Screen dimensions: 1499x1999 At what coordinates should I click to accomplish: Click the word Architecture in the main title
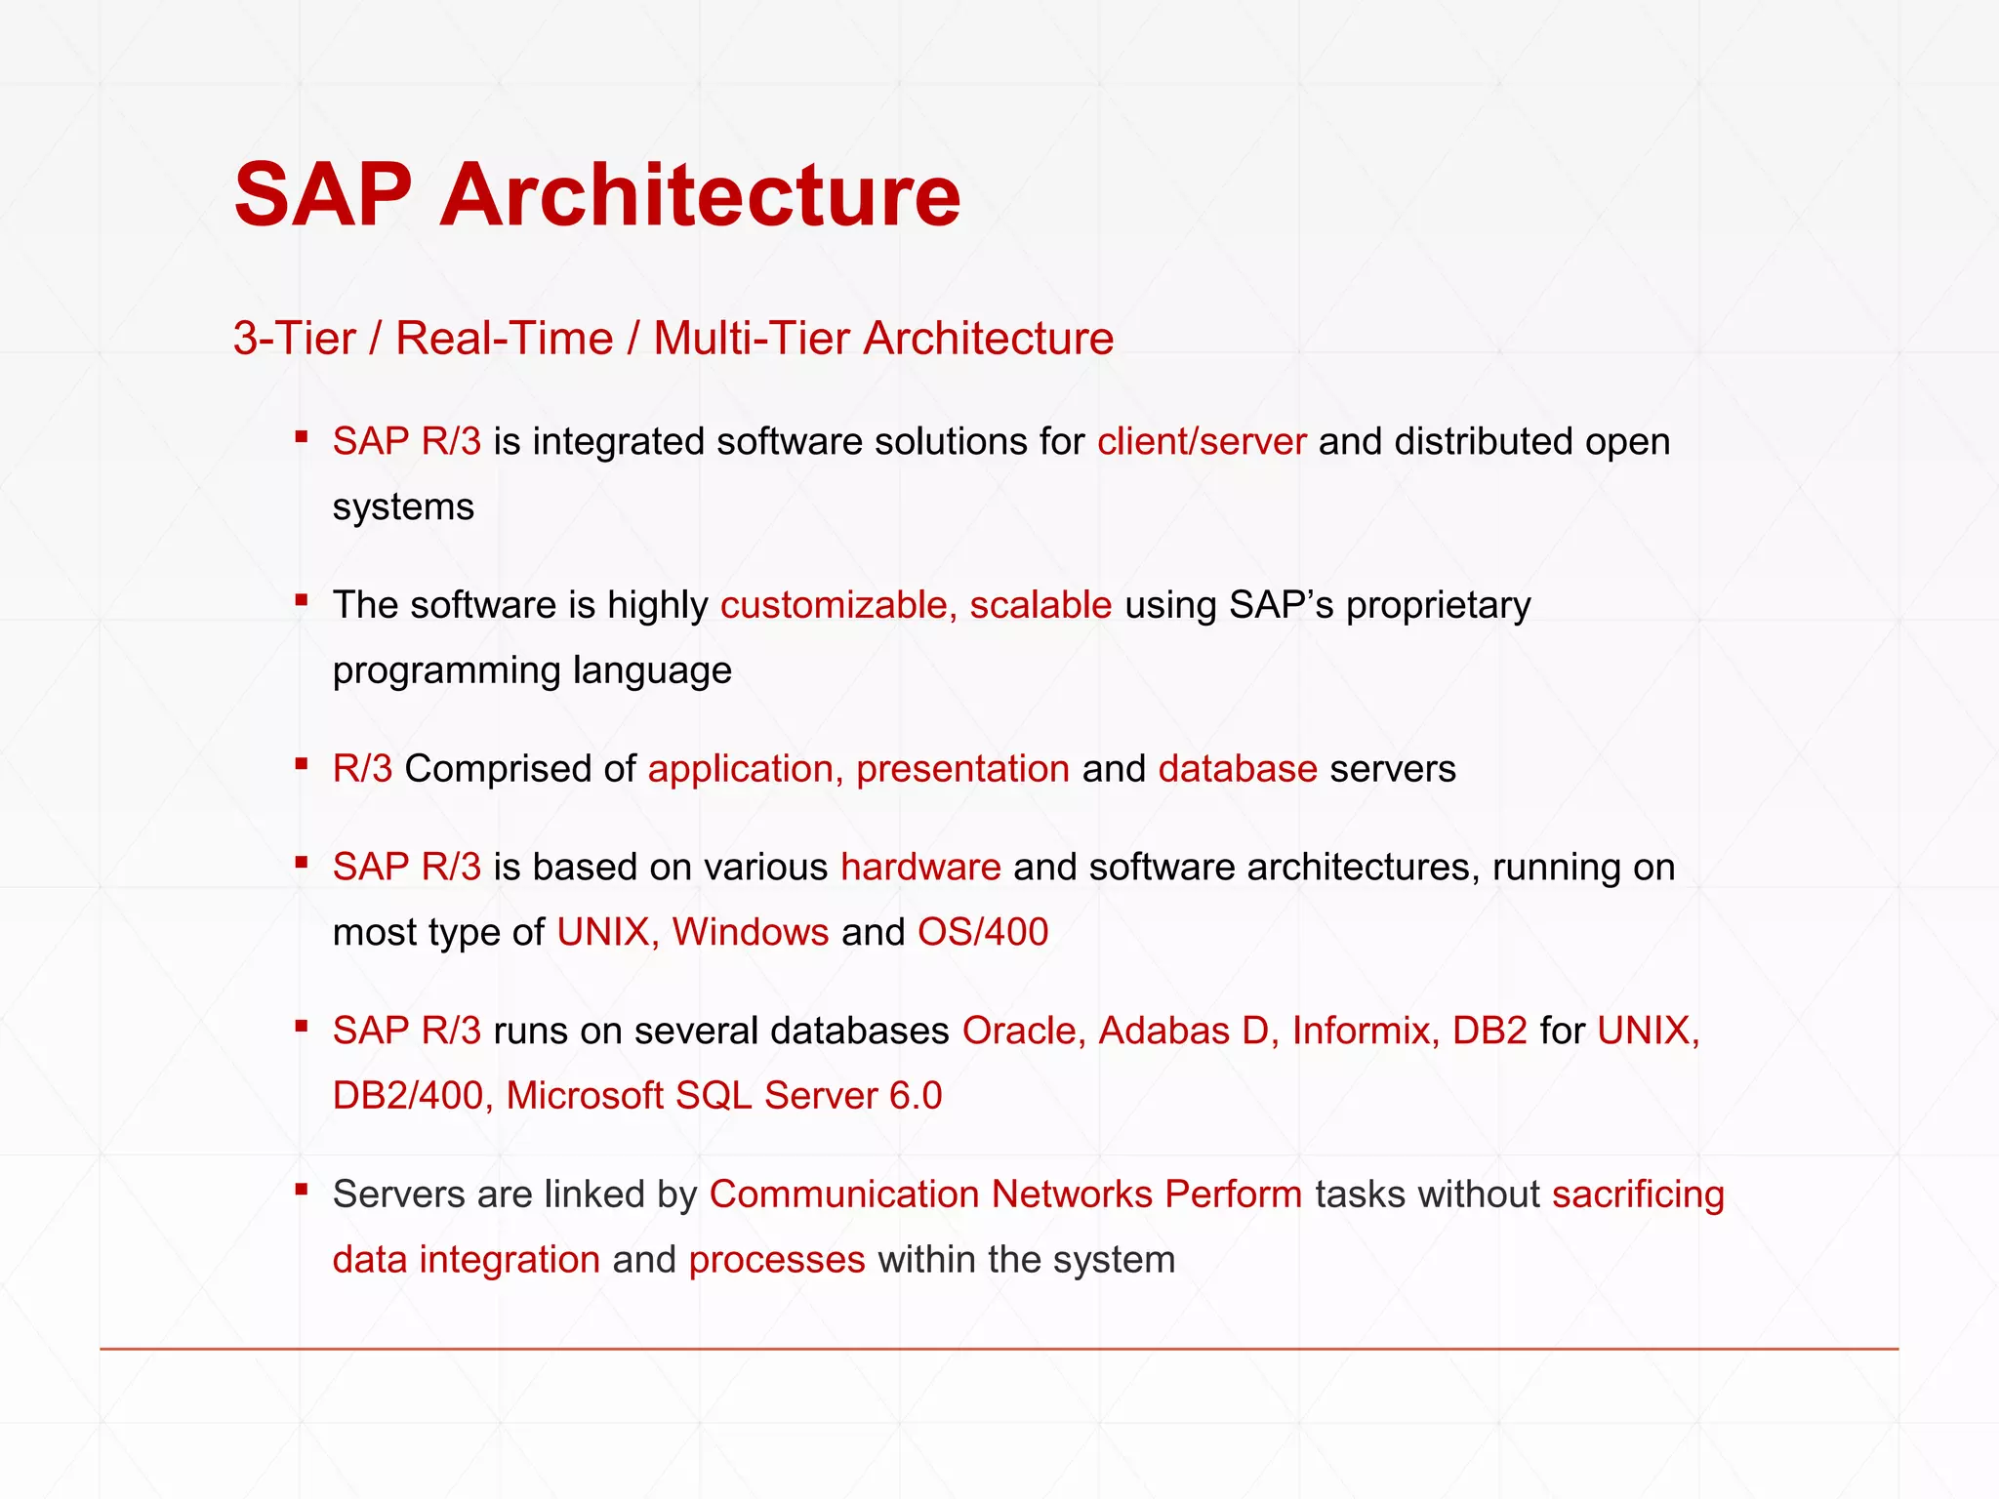700,195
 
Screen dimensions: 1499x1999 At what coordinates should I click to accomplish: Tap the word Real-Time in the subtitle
504,339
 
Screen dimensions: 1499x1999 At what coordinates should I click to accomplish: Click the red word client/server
1201,442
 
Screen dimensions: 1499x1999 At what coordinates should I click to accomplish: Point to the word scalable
1040,606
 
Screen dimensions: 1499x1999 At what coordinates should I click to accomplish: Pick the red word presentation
962,769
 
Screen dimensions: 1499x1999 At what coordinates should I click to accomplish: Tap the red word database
1238,769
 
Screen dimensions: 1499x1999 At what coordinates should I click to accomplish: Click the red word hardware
920,867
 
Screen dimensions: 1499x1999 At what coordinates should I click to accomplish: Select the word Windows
751,932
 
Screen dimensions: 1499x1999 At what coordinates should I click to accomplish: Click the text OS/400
982,932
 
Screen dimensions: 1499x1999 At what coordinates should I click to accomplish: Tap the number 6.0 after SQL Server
916,1096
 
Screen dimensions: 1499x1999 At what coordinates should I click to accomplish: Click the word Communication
843,1195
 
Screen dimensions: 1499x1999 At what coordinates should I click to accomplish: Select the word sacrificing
1638,1195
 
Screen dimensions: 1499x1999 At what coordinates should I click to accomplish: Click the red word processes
776,1260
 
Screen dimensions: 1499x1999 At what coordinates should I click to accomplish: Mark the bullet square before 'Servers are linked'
302,1189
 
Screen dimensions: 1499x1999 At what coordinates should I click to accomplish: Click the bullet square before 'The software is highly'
302,600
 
